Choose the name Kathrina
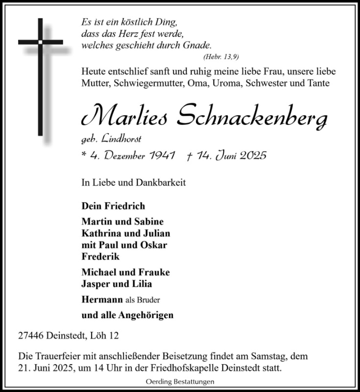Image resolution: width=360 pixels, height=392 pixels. point(100,233)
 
